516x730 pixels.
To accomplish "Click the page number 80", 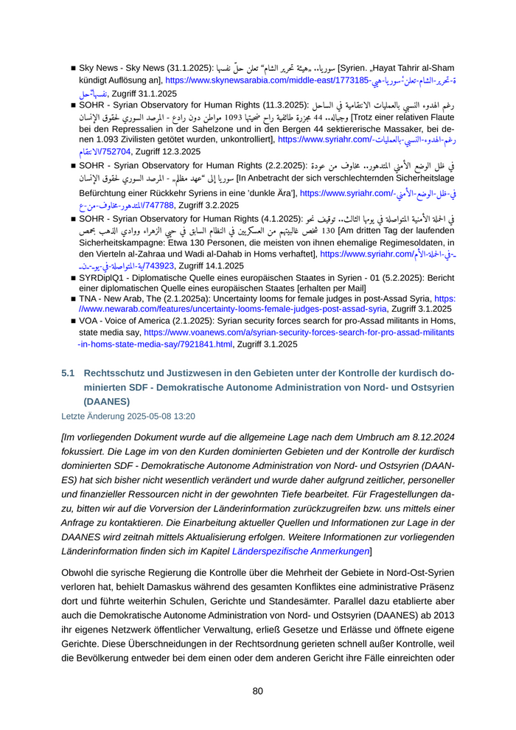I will pyautogui.click(x=258, y=691).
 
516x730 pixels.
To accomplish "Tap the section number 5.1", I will pyautogui.click(x=68, y=374).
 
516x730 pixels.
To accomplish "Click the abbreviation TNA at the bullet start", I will pyautogui.click(x=89, y=299).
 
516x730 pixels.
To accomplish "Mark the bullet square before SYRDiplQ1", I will pyautogui.click(x=73, y=279).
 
